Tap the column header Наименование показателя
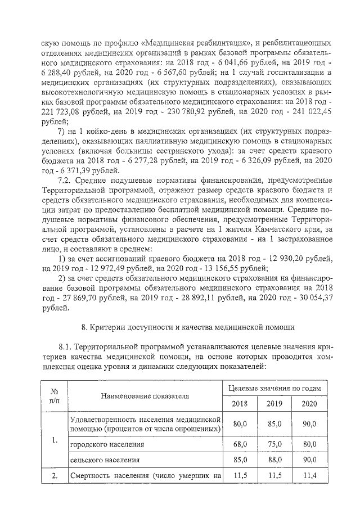[x=145, y=396]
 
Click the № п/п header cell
[x=55, y=396]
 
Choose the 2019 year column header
[x=274, y=404]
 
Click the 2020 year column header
[x=309, y=404]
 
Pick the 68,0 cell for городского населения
[x=240, y=444]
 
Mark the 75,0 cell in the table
[x=274, y=444]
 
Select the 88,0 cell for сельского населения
[x=274, y=460]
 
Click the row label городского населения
[x=103, y=444]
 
